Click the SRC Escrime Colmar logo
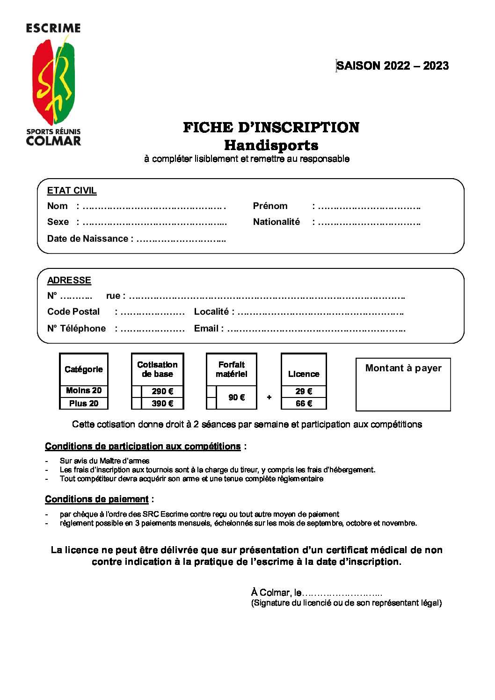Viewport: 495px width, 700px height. [x=53, y=84]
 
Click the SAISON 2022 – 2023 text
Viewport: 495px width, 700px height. [x=392, y=66]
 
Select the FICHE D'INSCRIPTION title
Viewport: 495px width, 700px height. [x=271, y=127]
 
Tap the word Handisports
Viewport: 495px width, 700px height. [x=271, y=145]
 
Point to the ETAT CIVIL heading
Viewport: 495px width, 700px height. [x=72, y=191]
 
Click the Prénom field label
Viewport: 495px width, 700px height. [x=270, y=206]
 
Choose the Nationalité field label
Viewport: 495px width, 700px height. [x=276, y=222]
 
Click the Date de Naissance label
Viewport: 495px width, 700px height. [x=87, y=239]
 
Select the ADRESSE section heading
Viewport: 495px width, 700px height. [x=69, y=281]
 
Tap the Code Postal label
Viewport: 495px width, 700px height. [x=73, y=312]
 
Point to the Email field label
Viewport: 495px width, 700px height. [x=206, y=329]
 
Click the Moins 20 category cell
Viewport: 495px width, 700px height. [x=84, y=391]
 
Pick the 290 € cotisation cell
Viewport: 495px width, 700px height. [x=162, y=391]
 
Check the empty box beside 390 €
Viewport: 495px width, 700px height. [x=137, y=404]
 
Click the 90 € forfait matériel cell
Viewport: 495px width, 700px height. [x=236, y=397]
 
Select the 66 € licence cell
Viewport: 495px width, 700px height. [x=304, y=404]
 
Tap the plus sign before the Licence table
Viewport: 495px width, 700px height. [x=269, y=397]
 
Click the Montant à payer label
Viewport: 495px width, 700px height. [x=403, y=368]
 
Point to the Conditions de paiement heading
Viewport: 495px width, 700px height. [x=97, y=499]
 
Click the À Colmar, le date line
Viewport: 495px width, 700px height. [x=316, y=593]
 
